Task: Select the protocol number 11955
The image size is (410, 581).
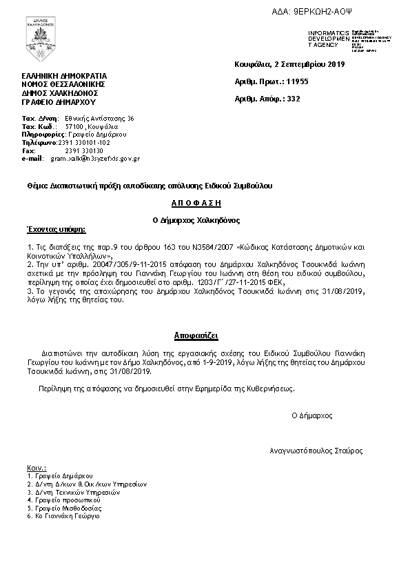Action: pos(297,81)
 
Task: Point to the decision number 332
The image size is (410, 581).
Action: pos(294,99)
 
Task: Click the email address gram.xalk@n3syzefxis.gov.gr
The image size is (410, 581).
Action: pos(94,158)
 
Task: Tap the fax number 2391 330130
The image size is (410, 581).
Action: pos(83,150)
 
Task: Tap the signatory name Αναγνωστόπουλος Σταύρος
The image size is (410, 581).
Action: pos(316,451)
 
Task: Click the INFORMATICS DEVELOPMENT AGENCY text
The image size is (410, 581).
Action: pos(329,39)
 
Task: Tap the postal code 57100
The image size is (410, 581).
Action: pos(74,127)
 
